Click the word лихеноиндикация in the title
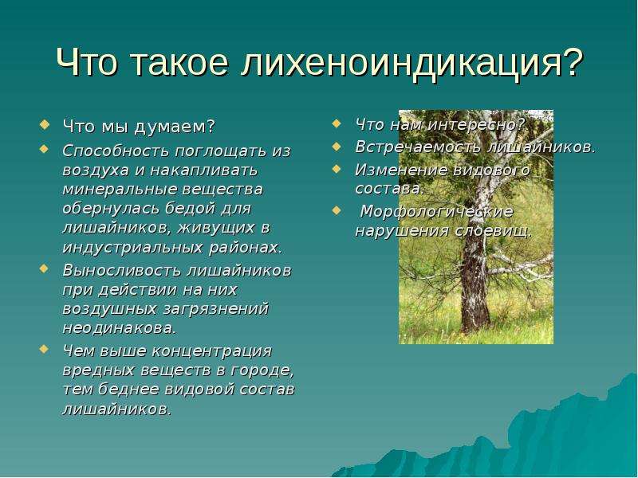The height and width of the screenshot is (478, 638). coord(412,62)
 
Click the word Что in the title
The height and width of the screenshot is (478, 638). coord(86,62)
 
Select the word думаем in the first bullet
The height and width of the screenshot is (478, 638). coord(174,127)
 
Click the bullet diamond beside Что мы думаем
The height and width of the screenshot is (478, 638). coord(45,123)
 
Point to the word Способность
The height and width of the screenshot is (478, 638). coord(116,151)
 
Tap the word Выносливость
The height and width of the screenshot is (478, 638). coord(121,270)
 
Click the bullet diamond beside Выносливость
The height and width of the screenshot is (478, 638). coord(45,268)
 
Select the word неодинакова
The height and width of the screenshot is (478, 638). coord(120,328)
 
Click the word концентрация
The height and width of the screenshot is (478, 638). coord(211,351)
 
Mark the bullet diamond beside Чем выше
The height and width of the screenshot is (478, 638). coord(45,349)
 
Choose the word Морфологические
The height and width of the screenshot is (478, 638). coord(437,212)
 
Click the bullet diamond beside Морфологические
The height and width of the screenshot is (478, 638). coord(336,210)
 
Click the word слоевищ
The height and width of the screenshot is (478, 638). coord(493,231)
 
